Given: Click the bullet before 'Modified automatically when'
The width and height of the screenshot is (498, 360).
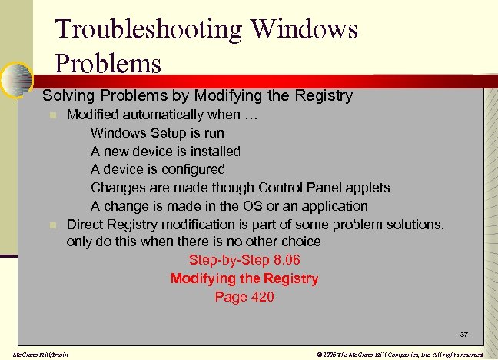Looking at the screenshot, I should pos(51,116).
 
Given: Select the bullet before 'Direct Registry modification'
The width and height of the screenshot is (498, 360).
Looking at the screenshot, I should pos(51,225).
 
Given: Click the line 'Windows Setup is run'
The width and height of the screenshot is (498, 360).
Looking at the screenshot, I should pos(158,133).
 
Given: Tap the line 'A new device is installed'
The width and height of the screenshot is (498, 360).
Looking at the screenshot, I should pos(165,152).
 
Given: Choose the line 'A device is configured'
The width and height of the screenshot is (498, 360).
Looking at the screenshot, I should pos(158,169).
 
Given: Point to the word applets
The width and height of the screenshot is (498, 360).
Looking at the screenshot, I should pos(367,188).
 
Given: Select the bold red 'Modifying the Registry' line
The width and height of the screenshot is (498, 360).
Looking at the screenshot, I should pos(244,278).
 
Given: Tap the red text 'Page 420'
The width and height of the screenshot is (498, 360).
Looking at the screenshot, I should pos(244,296).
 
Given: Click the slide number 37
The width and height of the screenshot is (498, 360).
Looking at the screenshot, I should pos(464,335).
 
